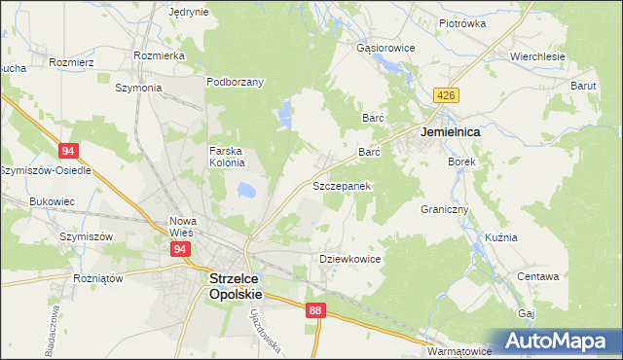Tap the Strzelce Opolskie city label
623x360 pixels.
pyautogui.click(x=236, y=282)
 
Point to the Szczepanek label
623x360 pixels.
pyautogui.click(x=341, y=185)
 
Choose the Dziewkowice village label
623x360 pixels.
pyautogui.click(x=349, y=260)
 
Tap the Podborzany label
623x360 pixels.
pyautogui.click(x=235, y=82)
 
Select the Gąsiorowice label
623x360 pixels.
pyautogui.click(x=386, y=48)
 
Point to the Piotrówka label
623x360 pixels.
pyautogui.click(x=462, y=23)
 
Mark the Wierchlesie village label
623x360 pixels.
pyautogui.click(x=538, y=56)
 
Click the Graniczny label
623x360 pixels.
pyautogui.click(x=445, y=209)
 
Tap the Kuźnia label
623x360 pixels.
pyautogui.click(x=501, y=237)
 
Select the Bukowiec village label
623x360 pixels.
pyautogui.click(x=53, y=201)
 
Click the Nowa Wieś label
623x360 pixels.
pyautogui.click(x=182, y=226)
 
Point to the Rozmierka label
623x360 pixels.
pyautogui.click(x=161, y=55)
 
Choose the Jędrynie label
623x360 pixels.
pyautogui.click(x=189, y=12)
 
